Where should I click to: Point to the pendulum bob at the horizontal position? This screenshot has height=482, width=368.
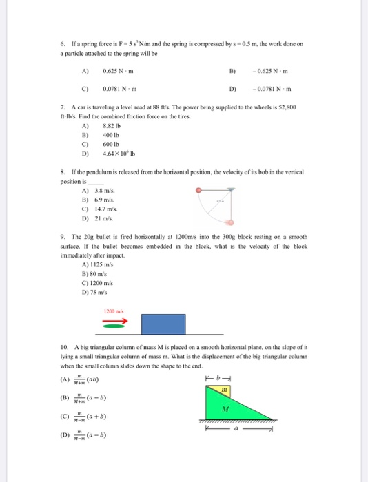199,188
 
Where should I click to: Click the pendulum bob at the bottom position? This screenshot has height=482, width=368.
232,223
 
